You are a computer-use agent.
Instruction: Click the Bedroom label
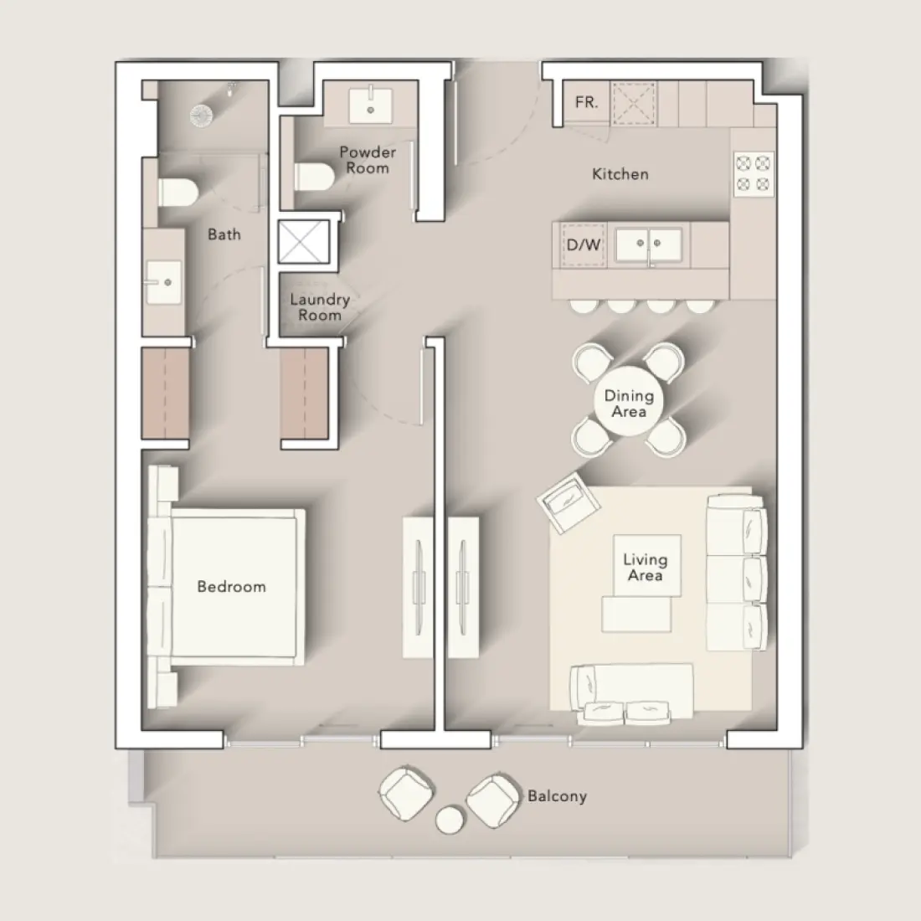231,586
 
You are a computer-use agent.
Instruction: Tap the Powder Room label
368,160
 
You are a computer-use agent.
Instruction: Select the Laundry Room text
320,307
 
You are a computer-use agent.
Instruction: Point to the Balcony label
557,795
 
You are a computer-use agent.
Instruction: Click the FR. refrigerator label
587,103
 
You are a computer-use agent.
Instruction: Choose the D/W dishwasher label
584,245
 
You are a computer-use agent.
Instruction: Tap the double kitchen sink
649,244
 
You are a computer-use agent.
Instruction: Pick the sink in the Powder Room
369,105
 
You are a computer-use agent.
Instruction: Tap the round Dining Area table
629,404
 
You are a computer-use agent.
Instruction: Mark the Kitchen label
620,174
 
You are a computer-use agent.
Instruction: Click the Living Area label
645,567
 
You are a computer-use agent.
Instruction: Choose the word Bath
224,234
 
